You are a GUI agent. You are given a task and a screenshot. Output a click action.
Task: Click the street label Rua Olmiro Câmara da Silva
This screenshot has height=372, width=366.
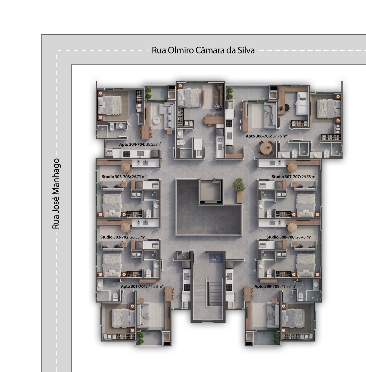203,50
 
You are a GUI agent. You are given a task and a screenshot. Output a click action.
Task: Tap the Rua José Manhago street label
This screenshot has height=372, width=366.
56,194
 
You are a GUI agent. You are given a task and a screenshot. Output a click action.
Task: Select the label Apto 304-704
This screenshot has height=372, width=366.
132,144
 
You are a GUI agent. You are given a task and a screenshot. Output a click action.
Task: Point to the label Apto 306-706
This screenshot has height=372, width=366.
259,136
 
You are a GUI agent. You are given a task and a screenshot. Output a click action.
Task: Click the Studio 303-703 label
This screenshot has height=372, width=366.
116,177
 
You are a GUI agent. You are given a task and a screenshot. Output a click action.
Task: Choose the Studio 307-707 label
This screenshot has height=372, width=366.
286,177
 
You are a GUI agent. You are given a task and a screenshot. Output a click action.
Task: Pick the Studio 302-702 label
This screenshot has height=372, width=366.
115,237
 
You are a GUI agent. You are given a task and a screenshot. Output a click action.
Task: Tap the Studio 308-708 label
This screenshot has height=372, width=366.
281,237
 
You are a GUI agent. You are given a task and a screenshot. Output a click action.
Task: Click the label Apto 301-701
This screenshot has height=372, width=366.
134,286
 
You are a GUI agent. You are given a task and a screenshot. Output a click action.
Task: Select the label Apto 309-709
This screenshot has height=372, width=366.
267,286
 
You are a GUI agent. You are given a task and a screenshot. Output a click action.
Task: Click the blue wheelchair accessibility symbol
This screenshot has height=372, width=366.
216,258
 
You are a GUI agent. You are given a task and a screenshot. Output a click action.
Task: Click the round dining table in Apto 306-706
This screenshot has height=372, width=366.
266,148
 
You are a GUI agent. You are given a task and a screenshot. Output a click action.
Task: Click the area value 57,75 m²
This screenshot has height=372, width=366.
280,136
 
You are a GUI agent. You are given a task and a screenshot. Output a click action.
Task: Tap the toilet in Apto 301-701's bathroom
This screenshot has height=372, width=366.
115,297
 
